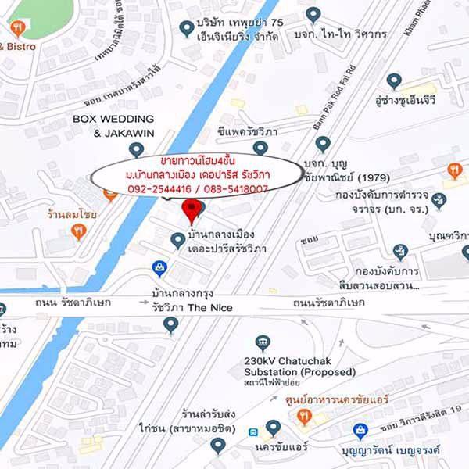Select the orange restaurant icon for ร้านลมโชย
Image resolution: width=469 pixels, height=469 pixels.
[x=77, y=231]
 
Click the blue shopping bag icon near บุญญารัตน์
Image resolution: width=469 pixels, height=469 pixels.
[x=360, y=430]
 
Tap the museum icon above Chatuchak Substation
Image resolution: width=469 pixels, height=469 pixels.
[x=263, y=342]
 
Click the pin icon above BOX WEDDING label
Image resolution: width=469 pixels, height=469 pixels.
[x=138, y=149]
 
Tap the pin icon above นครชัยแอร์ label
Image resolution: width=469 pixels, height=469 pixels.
[x=273, y=427]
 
